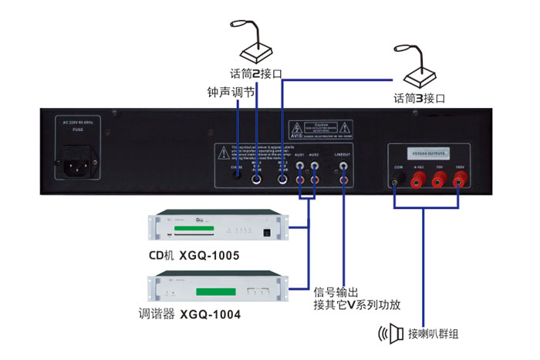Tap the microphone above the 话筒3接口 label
click(x=420, y=71)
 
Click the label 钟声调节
click(x=231, y=92)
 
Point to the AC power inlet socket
click(x=78, y=167)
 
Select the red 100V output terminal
click(x=461, y=180)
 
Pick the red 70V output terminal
click(x=439, y=180)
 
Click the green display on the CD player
click(x=191, y=230)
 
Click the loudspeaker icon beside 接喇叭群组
click(x=393, y=334)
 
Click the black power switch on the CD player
click(x=267, y=230)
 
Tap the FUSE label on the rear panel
click(x=77, y=131)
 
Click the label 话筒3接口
click(x=419, y=99)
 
